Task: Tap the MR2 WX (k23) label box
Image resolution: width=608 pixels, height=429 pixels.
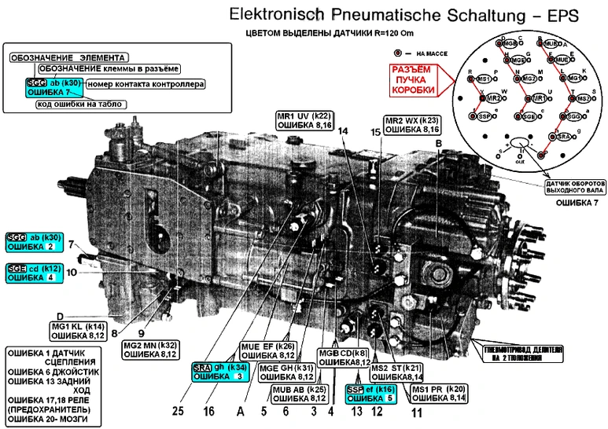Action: pyautogui.click(x=411, y=125)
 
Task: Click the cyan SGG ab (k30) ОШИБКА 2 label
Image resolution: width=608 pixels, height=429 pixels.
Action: pyautogui.click(x=33, y=241)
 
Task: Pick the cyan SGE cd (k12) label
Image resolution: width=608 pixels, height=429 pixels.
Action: pyautogui.click(x=33, y=272)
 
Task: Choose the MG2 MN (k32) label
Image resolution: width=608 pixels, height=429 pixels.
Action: pyautogui.click(x=150, y=349)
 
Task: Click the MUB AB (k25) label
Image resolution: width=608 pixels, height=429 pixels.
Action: pyautogui.click(x=300, y=392)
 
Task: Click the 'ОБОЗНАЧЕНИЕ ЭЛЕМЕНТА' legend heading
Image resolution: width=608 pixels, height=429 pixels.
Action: pyautogui.click(x=68, y=58)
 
